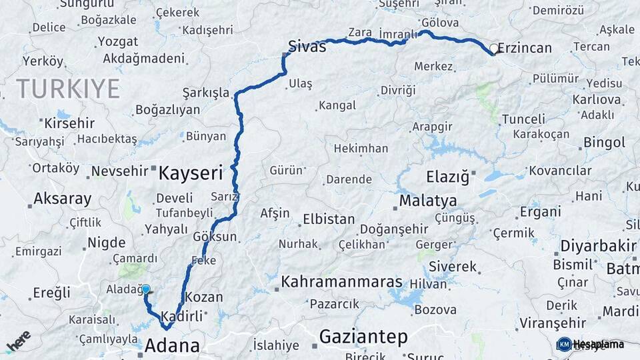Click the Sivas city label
pos(307,47)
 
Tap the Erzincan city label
pos(525,48)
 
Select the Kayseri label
pos(190,174)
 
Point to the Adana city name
pos(172,345)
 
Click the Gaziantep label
pos(363,337)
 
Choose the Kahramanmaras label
pos(337,283)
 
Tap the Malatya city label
pos(428,201)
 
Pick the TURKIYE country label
pos(68,89)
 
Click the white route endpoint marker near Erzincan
pos(494,48)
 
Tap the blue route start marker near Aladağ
pos(146,289)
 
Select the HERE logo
pos(18,341)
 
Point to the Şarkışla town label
pos(206,93)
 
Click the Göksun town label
pos(215,237)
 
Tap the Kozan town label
pos(203,297)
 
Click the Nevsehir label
pos(119,171)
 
